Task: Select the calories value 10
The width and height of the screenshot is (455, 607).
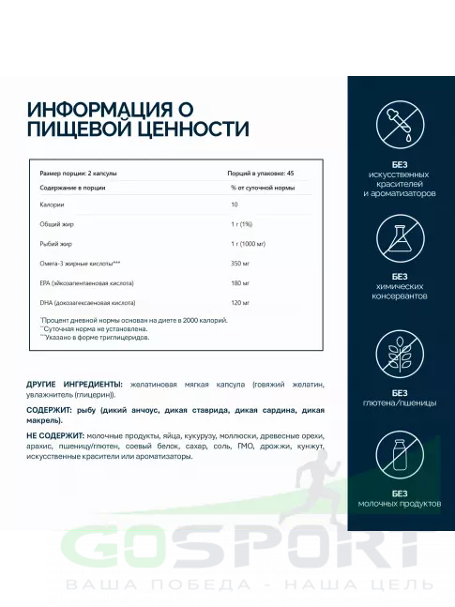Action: [x=235, y=204]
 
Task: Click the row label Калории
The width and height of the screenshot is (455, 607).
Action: [x=53, y=204]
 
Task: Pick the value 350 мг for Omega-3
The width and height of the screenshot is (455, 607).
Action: [x=241, y=263]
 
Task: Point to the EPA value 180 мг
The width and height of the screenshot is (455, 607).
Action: [x=241, y=282]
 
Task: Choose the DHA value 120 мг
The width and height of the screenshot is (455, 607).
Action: [x=241, y=303]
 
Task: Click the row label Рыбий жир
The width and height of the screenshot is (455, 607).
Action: [x=55, y=243]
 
